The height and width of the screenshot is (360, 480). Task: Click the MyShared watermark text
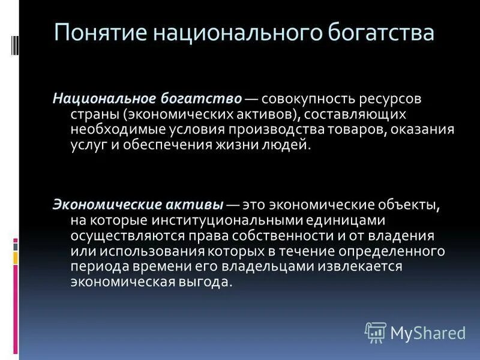[x=428, y=332]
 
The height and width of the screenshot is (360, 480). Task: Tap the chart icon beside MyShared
[x=376, y=332]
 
